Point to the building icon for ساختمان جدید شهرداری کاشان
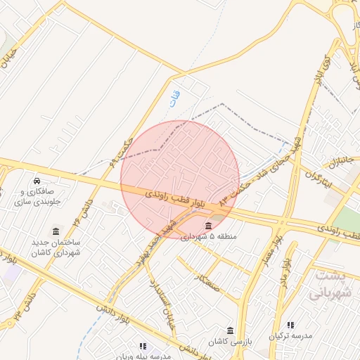56,231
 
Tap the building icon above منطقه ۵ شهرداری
209,226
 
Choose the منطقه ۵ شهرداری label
209,237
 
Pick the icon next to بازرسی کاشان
231,330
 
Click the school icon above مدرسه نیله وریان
143,346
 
